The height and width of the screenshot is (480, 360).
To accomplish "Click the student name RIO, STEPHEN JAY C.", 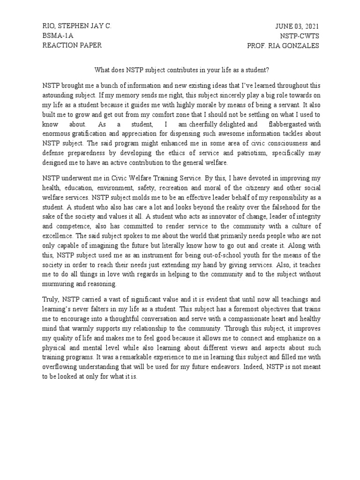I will [77, 26].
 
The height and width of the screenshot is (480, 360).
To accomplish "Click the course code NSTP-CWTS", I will [300, 36].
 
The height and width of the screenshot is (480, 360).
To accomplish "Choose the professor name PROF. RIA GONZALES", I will [283, 45].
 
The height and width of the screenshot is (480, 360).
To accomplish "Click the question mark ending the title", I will [268, 70].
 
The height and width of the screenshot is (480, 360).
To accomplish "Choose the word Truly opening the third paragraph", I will [51, 300].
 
